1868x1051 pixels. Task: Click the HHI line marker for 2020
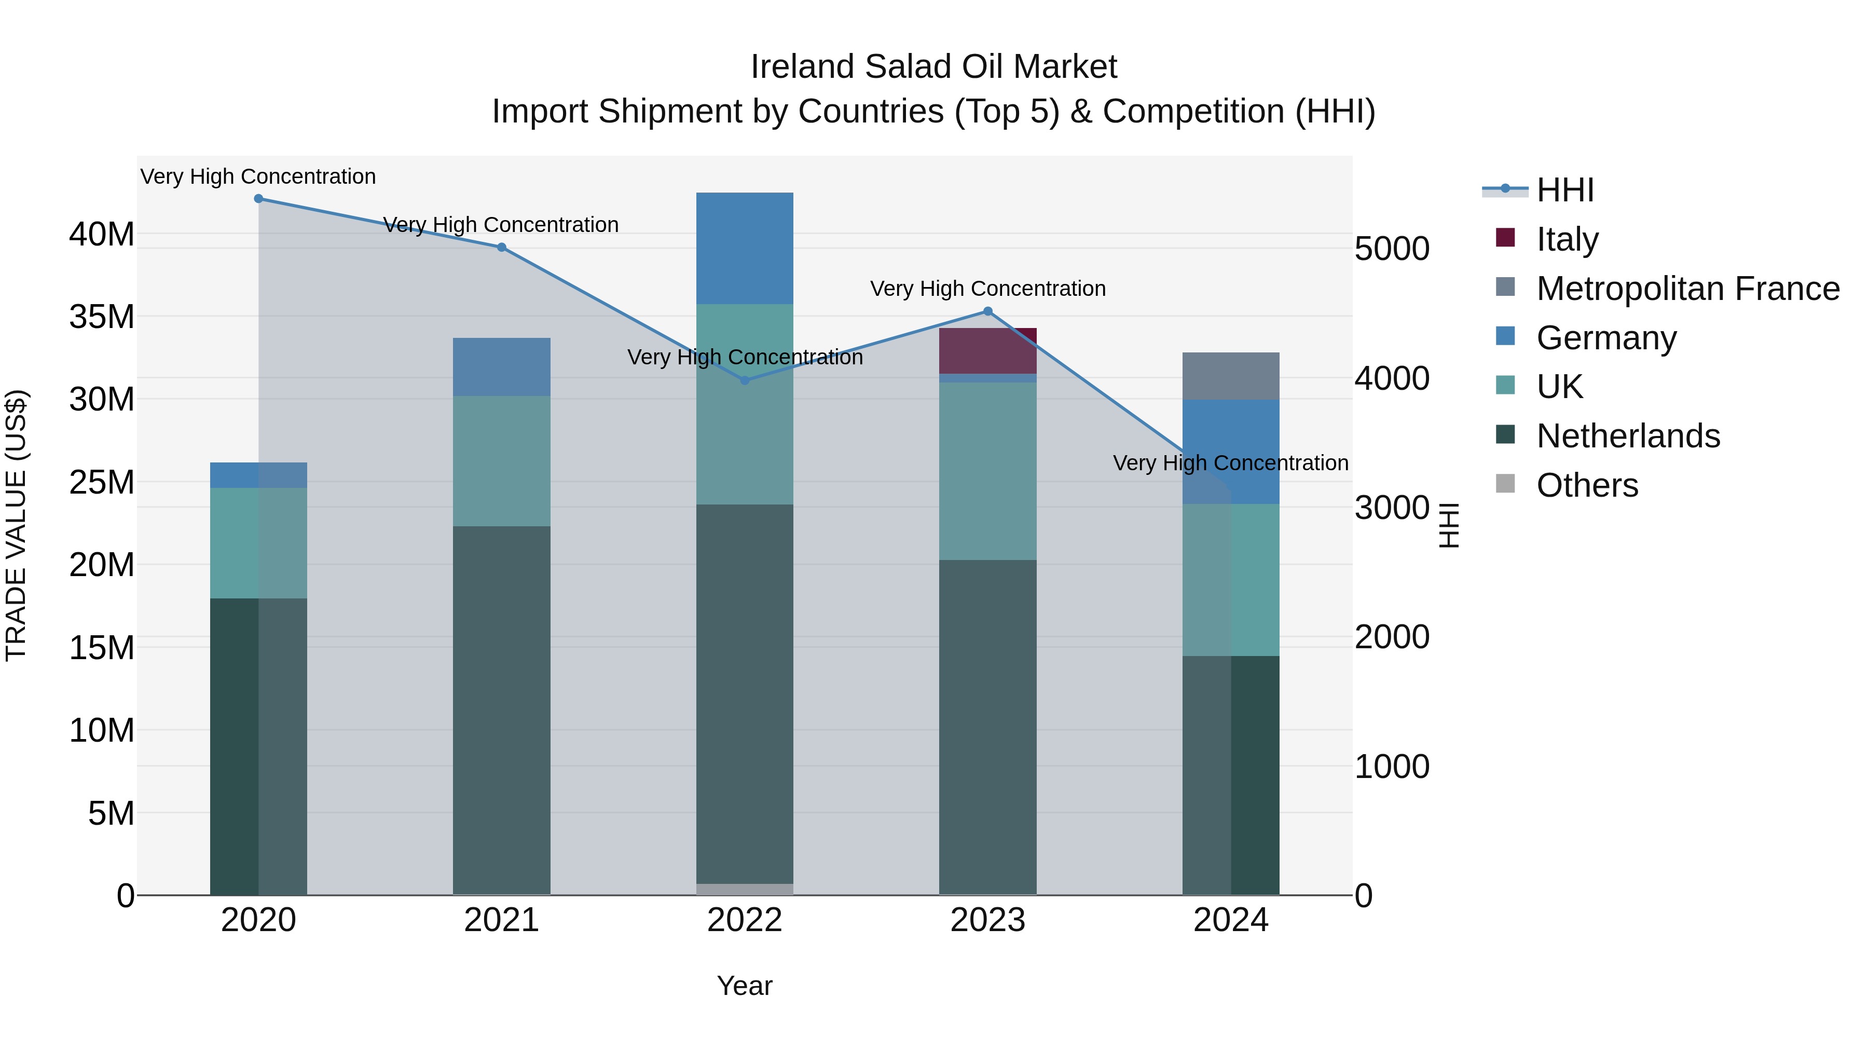(258, 198)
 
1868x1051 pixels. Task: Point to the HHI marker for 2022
(745, 380)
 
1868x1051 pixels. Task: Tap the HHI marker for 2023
(987, 311)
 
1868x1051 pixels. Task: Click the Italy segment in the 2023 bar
(987, 350)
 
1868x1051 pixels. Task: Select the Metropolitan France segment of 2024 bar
(1231, 376)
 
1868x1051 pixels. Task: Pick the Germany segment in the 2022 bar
(745, 248)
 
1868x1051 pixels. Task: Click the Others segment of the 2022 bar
(745, 889)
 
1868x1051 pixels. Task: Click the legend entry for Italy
(1567, 239)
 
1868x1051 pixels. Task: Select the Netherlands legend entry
(1627, 436)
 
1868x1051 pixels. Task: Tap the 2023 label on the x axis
(987, 920)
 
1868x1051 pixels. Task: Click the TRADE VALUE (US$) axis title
(17, 525)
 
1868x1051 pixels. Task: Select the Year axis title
(744, 986)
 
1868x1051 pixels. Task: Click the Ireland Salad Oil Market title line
(933, 67)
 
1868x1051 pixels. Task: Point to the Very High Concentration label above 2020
(258, 176)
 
